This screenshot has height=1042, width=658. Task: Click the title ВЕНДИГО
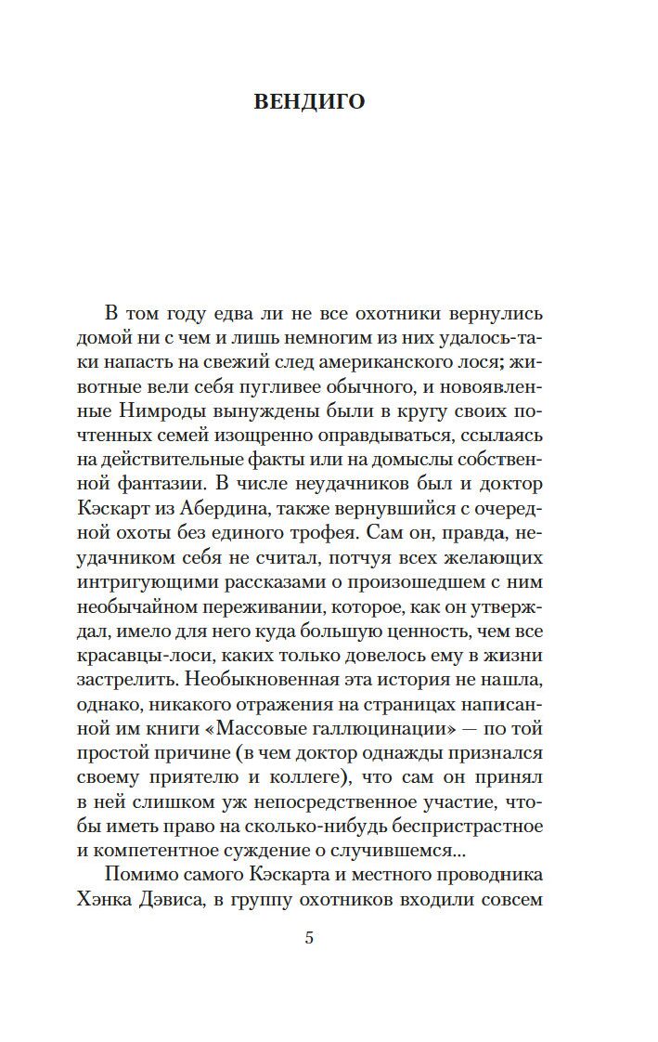click(x=309, y=101)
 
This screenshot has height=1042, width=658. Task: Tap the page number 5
click(x=309, y=937)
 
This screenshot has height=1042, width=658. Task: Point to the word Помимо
click(x=137, y=874)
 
